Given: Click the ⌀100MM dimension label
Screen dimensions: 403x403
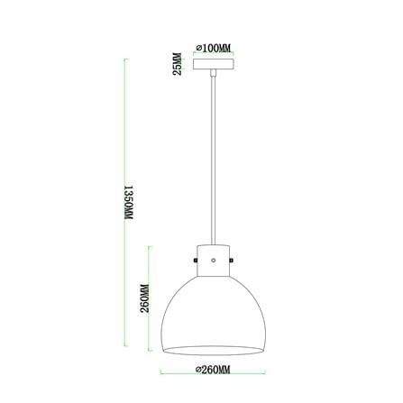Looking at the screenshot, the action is [213, 48].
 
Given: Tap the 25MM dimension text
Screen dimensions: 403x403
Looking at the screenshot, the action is [178, 64].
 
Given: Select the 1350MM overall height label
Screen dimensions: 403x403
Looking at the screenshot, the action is [129, 202].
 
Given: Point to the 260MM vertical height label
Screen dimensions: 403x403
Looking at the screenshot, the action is [145, 298].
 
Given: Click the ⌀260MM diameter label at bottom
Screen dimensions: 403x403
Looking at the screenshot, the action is [213, 370].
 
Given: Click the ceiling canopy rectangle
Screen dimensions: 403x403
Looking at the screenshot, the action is [214, 64].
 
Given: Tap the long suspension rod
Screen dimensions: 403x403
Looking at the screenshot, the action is [214, 160].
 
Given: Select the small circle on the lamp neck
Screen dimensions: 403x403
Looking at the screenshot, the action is [214, 261].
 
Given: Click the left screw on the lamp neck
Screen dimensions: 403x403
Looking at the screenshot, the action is [196, 260].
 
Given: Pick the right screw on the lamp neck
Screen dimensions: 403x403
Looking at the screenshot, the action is [232, 260].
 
